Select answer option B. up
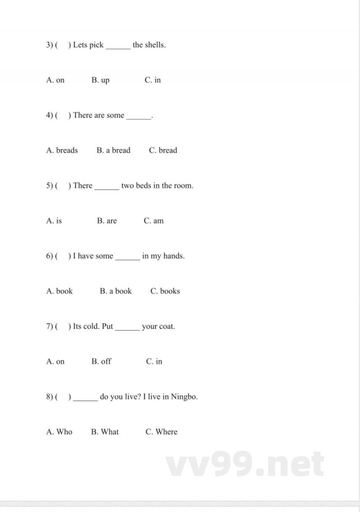point(100,80)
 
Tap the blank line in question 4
point(139,118)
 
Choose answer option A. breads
point(62,150)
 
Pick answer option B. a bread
point(113,150)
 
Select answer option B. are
point(107,221)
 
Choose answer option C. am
point(154,221)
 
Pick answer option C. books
point(165,291)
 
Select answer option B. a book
point(116,291)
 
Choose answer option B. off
point(101,361)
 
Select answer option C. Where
point(162,432)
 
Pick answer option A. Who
point(59,432)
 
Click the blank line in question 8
point(85,399)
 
